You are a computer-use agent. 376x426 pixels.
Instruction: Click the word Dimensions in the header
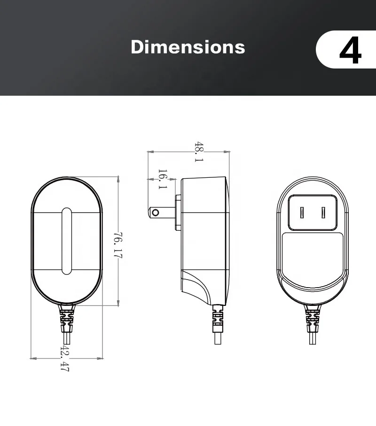188,47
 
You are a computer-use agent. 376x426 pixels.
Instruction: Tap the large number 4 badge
351,50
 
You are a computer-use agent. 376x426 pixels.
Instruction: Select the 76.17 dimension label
118,245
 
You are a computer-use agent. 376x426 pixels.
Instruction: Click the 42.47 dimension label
65,358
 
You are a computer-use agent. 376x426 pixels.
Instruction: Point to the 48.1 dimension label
199,152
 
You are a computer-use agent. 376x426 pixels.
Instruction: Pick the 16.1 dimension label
163,179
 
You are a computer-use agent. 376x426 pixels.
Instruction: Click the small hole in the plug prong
155,213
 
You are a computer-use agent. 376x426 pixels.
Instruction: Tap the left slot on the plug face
302,213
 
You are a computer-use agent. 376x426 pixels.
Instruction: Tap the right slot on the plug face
323,213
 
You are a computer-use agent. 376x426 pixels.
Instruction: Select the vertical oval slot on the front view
67,241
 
